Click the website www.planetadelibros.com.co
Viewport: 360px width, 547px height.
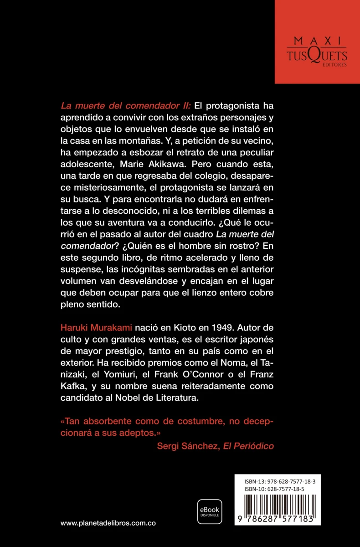click(108, 523)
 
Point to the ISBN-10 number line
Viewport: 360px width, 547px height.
click(274, 489)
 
